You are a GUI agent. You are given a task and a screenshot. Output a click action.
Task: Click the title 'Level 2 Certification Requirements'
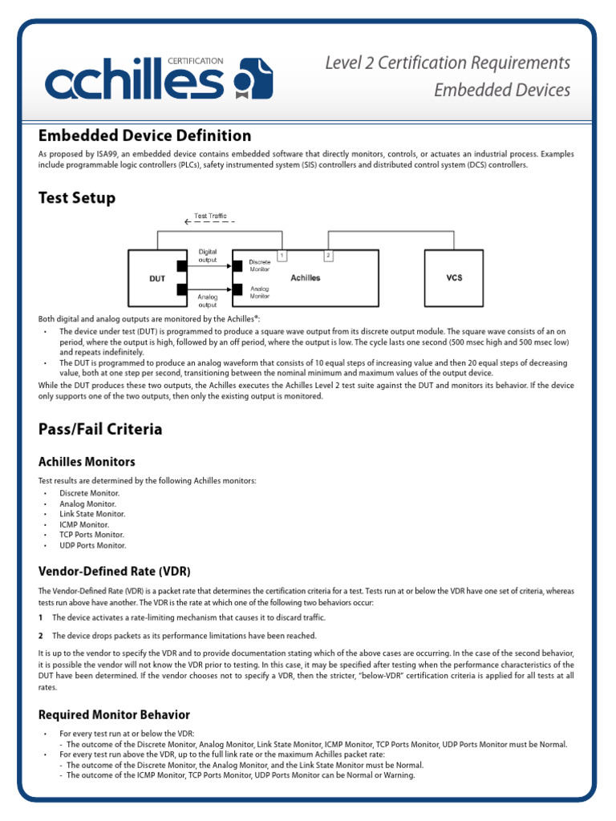448,63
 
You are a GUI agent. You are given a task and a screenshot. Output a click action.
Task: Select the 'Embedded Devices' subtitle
502,89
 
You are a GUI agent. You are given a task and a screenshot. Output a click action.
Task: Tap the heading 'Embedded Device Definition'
144,135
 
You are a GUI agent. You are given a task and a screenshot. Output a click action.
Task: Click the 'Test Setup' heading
77,197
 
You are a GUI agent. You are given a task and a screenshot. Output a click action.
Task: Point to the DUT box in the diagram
156,277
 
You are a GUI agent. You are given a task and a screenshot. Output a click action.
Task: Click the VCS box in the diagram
454,277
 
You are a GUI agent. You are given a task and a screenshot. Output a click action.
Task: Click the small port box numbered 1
282,255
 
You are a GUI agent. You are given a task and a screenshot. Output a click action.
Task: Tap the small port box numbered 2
328,255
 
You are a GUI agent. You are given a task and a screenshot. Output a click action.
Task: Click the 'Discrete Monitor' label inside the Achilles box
260,265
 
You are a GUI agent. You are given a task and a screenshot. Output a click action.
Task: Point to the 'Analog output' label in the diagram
208,301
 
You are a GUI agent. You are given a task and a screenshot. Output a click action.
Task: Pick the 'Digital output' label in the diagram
208,256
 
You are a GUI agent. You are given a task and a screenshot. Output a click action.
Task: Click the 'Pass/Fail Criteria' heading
100,429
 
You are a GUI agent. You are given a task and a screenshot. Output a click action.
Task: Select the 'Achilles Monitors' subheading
87,462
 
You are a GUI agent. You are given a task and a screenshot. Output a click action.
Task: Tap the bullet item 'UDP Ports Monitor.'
93,545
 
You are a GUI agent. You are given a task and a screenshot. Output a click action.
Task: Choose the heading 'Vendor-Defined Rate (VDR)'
115,571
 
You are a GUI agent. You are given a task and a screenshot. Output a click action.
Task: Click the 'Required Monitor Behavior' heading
114,714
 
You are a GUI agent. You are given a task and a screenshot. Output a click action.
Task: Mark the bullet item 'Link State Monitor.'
92,514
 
